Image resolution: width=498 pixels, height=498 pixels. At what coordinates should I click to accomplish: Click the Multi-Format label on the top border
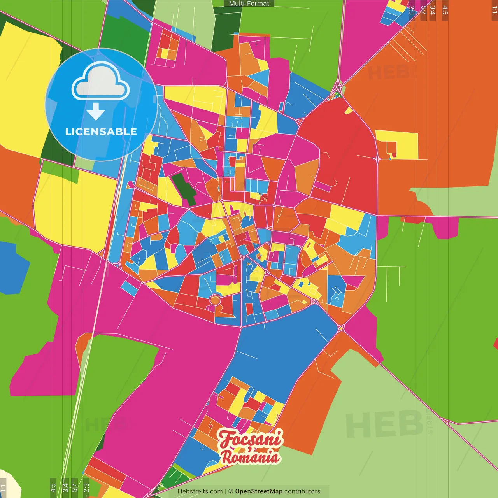point(249,4)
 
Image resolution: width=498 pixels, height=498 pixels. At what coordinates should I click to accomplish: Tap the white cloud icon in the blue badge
point(101,81)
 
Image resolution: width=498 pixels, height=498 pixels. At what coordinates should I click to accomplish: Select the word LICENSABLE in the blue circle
point(101,132)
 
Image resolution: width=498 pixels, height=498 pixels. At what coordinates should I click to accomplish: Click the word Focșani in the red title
point(250,439)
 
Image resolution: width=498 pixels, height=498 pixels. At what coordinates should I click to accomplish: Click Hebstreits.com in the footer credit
point(200,491)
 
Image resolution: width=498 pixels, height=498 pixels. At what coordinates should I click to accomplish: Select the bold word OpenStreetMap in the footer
point(258,491)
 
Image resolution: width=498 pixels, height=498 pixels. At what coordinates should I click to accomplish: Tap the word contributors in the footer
point(302,491)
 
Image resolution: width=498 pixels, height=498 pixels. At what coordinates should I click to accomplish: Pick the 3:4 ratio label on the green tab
point(65,487)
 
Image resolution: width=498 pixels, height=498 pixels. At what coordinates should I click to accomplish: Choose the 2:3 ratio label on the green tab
point(86,487)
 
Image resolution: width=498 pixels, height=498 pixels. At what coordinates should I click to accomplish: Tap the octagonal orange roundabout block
point(215,300)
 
